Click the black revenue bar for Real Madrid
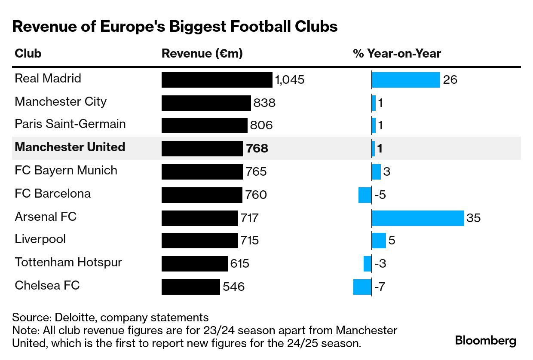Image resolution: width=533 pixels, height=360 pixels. click(217, 80)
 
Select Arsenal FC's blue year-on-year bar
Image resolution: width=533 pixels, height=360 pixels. click(418, 218)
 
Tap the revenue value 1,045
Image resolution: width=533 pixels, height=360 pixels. click(290, 80)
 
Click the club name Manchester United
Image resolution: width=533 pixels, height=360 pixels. click(70, 147)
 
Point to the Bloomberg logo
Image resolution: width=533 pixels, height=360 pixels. click(486, 341)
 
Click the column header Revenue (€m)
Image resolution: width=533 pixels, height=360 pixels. click(202, 54)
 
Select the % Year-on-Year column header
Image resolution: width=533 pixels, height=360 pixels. click(397, 54)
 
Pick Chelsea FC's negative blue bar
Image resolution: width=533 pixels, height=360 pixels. click(362, 287)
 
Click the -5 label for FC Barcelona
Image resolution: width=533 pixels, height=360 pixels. click(380, 195)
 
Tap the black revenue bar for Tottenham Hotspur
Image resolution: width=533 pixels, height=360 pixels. click(194, 264)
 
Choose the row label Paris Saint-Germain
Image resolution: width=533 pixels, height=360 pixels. click(70, 124)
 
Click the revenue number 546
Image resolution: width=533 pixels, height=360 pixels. click(233, 287)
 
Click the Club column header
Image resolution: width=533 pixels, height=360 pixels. click(28, 54)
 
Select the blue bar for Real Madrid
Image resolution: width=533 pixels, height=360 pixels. click(406, 80)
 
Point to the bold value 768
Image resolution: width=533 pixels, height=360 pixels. click(257, 149)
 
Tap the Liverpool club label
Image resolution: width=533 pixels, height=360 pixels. click(40, 239)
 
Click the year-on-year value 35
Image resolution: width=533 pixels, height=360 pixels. click(473, 218)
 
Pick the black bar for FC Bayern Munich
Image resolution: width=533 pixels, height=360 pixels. click(202, 172)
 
